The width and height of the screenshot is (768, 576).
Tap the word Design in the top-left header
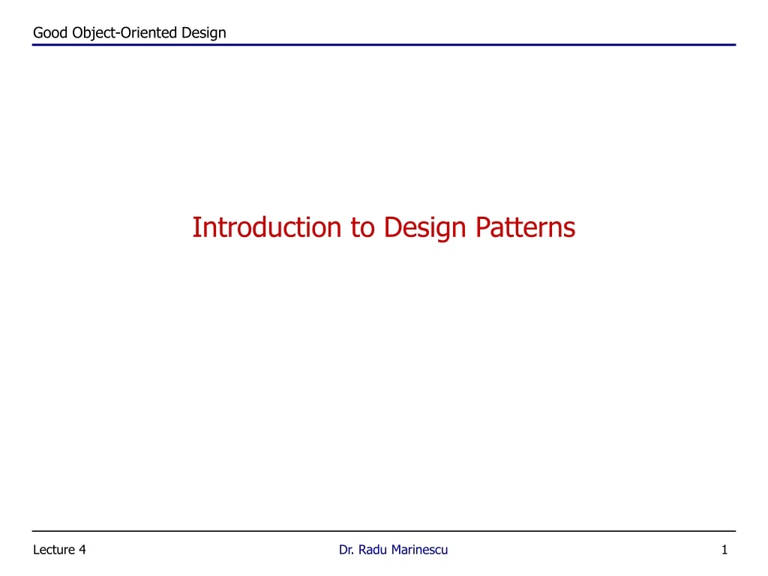[205, 32]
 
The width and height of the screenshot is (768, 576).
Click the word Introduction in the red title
[267, 226]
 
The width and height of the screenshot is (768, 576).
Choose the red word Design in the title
[423, 226]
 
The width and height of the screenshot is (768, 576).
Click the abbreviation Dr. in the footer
[346, 550]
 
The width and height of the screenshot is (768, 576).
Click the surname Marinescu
[419, 550]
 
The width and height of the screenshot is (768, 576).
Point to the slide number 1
[724, 550]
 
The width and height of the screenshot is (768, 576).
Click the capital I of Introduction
[196, 226]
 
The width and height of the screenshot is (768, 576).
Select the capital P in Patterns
[483, 226]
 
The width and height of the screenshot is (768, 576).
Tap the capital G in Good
[39, 32]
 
